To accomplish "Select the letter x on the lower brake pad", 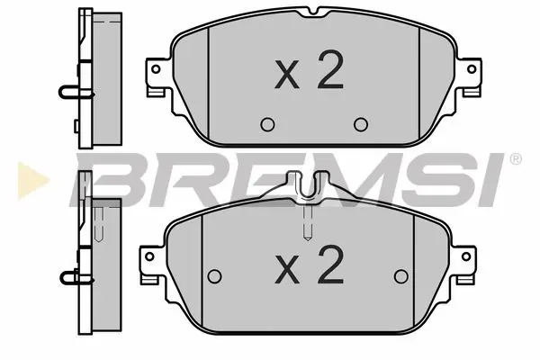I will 287,268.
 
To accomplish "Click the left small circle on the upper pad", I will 265,124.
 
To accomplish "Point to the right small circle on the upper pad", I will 361,124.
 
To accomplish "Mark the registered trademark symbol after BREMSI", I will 515,159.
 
